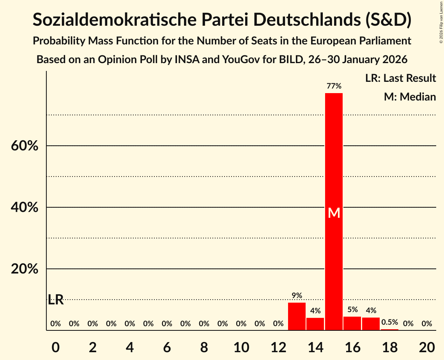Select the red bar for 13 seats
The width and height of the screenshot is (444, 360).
click(x=297, y=316)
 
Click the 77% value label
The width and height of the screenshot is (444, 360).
click(x=334, y=86)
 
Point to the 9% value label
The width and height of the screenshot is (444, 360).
click(x=297, y=296)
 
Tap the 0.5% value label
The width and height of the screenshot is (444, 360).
click(x=389, y=322)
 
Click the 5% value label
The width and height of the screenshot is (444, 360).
click(x=352, y=310)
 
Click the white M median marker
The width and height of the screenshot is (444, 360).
click(x=334, y=213)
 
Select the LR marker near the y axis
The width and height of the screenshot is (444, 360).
click(x=56, y=300)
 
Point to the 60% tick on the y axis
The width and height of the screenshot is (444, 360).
click(x=25, y=146)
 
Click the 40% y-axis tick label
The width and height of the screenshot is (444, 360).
click(x=25, y=208)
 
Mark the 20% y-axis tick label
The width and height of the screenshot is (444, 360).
click(x=25, y=269)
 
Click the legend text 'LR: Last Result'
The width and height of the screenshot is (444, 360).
click(x=400, y=78)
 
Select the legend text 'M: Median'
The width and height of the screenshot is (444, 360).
click(x=410, y=97)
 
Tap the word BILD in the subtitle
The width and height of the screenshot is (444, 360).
click(x=293, y=60)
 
